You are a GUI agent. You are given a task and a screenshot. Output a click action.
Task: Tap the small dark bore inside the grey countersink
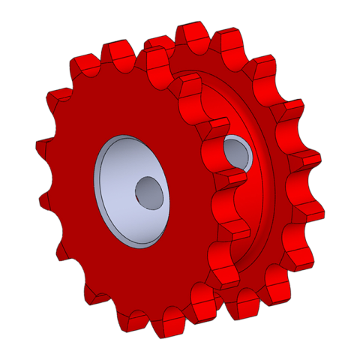coord(148,193)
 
